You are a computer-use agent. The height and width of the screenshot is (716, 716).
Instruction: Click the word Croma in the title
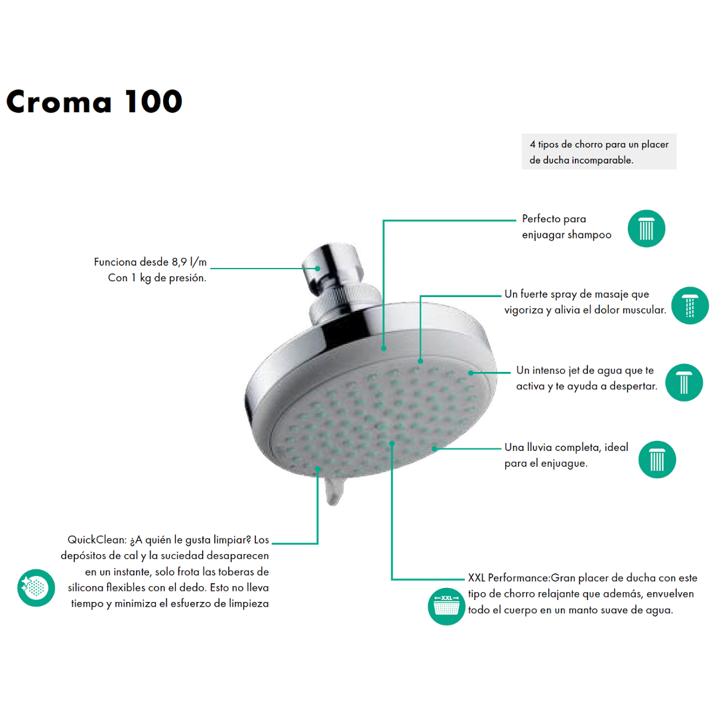pos(59,101)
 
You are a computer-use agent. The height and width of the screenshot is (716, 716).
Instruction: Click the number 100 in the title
pos(154,101)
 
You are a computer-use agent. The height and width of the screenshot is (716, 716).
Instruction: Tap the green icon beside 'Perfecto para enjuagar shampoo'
pos(646,228)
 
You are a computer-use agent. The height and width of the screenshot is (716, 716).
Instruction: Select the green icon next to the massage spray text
pos(689,306)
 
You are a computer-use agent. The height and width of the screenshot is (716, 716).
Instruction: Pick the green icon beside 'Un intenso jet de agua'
pos(684,383)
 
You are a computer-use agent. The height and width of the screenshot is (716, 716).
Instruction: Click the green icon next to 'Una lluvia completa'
pos(657,459)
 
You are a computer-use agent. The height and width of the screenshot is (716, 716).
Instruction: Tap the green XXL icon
pos(447,607)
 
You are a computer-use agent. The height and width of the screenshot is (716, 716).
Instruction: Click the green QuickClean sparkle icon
pos(36,587)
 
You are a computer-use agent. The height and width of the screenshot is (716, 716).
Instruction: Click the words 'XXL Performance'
pos(508,578)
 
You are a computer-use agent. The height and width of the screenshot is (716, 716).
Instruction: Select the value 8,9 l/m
pos(189,262)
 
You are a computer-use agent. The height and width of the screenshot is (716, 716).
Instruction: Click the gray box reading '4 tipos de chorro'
pos(599,152)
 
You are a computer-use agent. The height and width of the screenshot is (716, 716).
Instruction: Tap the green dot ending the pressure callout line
pos(318,268)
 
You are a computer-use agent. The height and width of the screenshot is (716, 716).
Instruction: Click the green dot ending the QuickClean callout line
pos(318,469)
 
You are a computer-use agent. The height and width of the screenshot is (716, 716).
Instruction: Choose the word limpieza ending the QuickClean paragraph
pos(249,604)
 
